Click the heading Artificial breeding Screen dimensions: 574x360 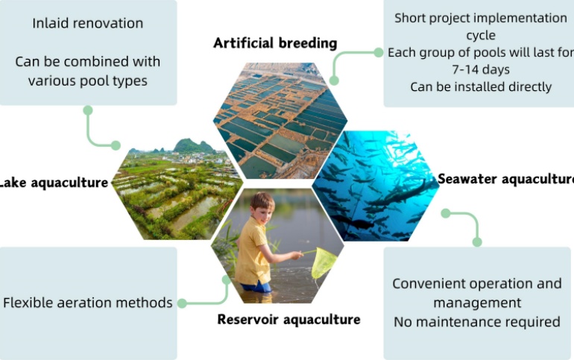(x=275, y=43)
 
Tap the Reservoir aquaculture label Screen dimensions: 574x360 (x=288, y=320)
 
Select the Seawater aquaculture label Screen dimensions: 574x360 (x=506, y=179)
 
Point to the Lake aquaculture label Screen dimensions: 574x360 (x=54, y=183)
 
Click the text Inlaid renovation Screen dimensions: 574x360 (x=88, y=23)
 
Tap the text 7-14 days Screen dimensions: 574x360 (x=481, y=69)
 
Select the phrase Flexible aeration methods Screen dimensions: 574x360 (x=88, y=303)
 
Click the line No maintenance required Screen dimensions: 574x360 (x=477, y=322)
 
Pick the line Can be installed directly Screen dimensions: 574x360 (x=481, y=87)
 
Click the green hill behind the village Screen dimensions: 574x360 (x=193, y=146)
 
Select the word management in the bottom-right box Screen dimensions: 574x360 (x=477, y=303)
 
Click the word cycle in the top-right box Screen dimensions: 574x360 (x=481, y=35)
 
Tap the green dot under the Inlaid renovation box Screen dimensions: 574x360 (x=88, y=110)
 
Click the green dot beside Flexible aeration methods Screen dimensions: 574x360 (x=182, y=303)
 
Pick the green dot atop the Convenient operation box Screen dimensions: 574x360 (x=477, y=241)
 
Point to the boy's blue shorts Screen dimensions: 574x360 (x=257, y=287)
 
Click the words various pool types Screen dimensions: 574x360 (x=88, y=80)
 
